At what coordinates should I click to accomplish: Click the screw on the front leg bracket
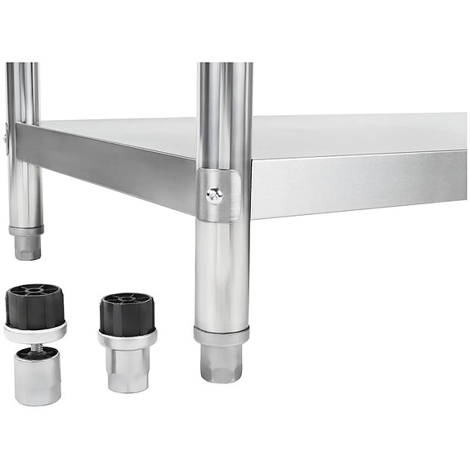click(214, 194)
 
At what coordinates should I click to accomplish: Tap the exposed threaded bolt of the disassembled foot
click(36, 344)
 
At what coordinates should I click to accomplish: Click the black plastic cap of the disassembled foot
click(34, 307)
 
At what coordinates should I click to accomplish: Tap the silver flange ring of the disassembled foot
click(34, 331)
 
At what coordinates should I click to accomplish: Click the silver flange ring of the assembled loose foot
click(128, 338)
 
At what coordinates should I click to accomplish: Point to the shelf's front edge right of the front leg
click(360, 184)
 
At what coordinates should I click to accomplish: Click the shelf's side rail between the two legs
click(106, 163)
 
